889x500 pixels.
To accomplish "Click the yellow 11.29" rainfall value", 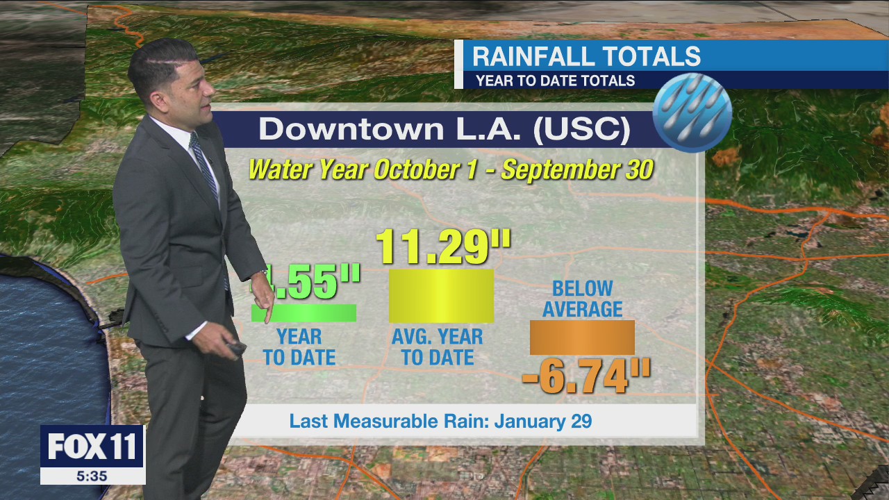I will [443, 247].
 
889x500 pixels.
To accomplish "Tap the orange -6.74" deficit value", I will [585, 377].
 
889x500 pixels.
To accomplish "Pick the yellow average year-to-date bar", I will [441, 296].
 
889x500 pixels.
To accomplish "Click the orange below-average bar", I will [582, 337].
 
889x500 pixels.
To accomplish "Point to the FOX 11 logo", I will [92, 447].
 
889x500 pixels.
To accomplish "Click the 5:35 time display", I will [92, 476].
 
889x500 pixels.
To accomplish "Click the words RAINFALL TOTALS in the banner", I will [586, 56].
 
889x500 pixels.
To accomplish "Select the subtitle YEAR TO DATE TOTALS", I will [555, 81].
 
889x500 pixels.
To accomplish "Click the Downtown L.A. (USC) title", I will [444, 130].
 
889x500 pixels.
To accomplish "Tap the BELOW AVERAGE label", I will [582, 299].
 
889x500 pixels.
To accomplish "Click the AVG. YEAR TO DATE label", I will [438, 347].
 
